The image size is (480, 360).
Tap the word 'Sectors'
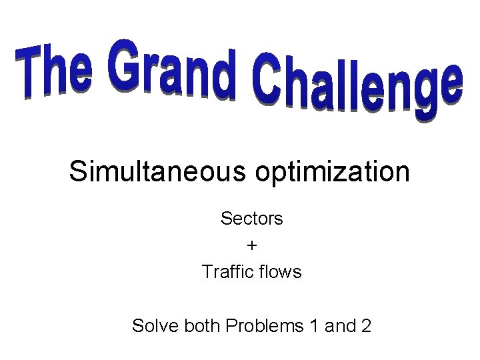(x=252, y=218)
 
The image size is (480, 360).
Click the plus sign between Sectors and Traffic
(x=252, y=245)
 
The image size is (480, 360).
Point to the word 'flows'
(x=281, y=272)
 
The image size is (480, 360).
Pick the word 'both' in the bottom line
(x=203, y=326)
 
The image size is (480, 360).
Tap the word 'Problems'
(x=265, y=326)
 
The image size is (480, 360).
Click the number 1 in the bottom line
(x=314, y=326)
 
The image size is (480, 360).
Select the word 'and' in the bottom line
(x=340, y=326)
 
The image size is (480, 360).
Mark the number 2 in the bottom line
(x=366, y=326)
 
